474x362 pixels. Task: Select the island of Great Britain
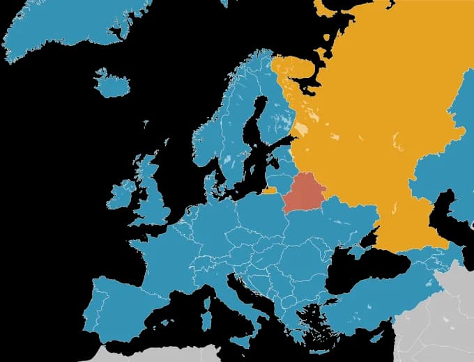click(x=153, y=195)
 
